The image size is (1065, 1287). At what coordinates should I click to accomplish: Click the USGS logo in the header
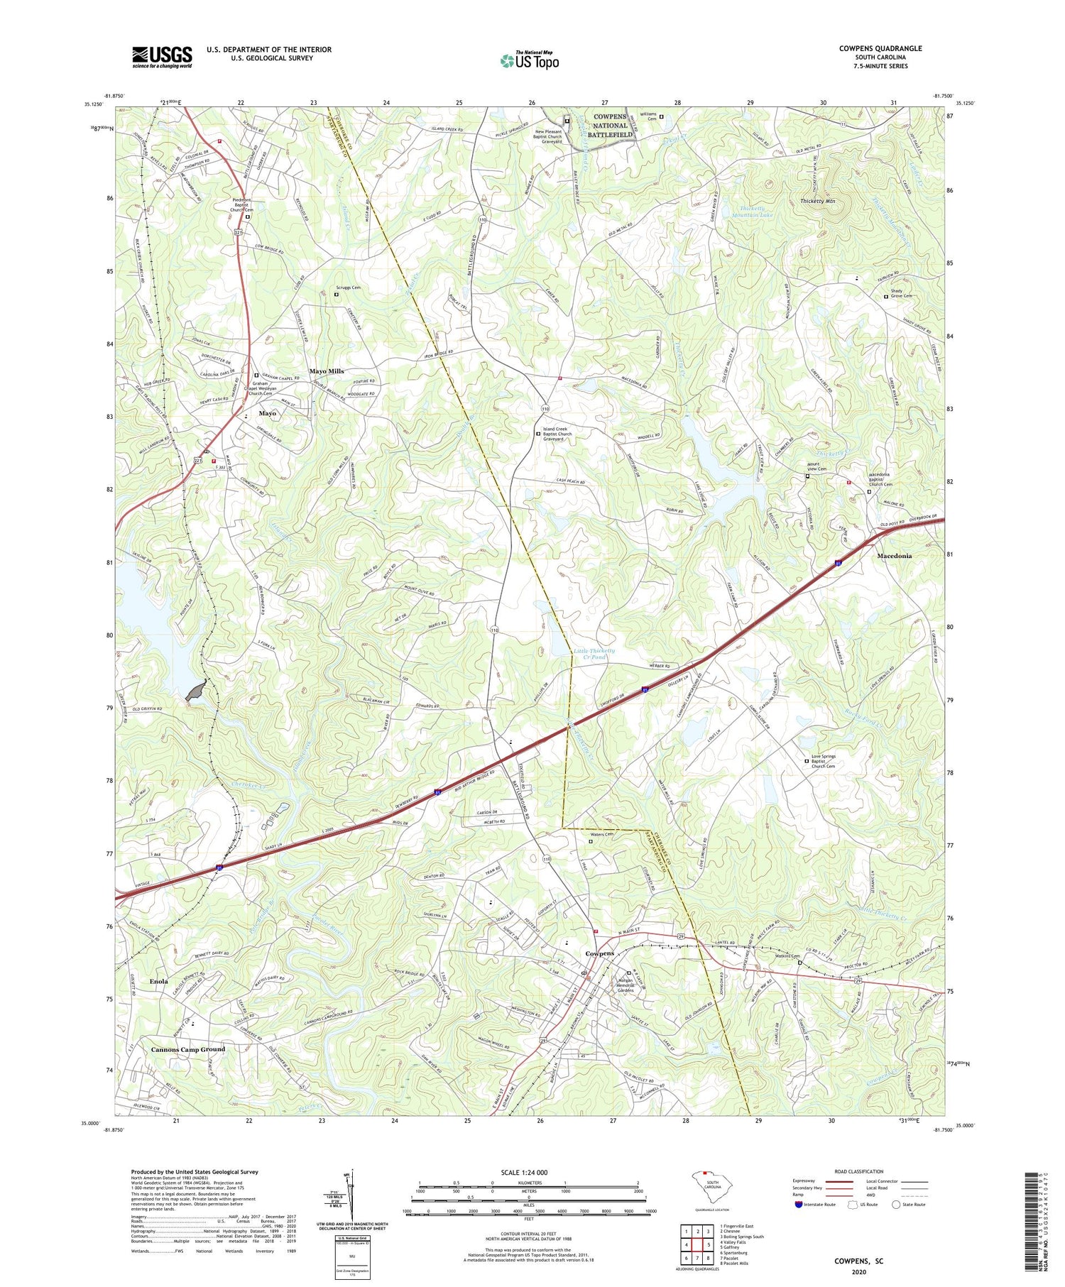[x=162, y=57]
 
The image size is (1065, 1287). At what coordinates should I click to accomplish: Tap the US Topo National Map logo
[x=530, y=60]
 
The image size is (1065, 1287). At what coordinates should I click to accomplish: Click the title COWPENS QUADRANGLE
[x=880, y=48]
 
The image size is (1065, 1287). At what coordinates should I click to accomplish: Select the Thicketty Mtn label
[x=817, y=202]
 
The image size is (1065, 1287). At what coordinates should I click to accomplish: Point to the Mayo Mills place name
[x=326, y=371]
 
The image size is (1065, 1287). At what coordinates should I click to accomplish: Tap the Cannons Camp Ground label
[x=187, y=1049]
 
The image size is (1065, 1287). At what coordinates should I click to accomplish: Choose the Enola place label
[x=158, y=981]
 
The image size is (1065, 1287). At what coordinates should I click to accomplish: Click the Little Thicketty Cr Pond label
[x=594, y=654]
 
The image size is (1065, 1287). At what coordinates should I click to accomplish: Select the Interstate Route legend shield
[x=799, y=1204]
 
